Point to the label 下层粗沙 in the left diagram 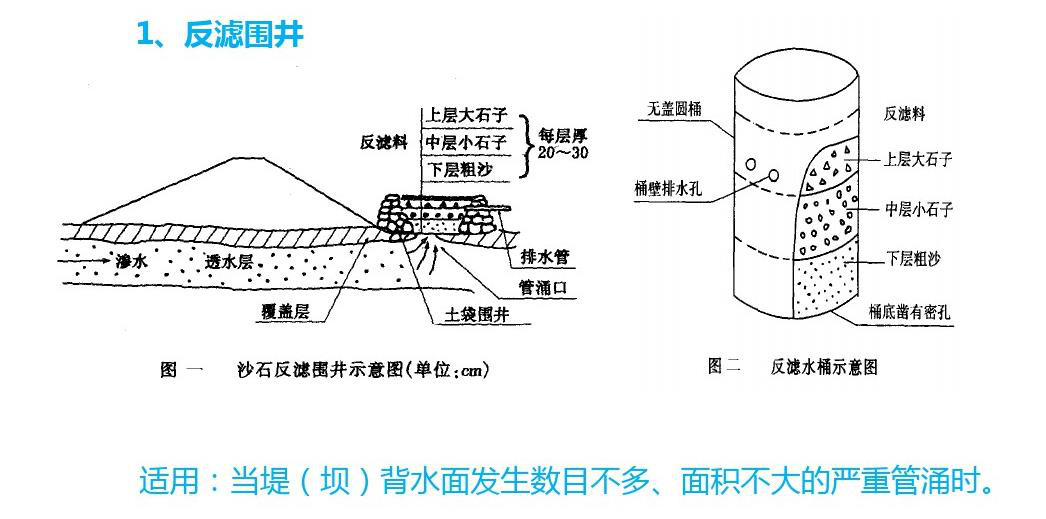tap(460, 169)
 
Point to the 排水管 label tap(545, 256)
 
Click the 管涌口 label tap(545, 287)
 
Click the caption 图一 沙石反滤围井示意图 tap(325, 370)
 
